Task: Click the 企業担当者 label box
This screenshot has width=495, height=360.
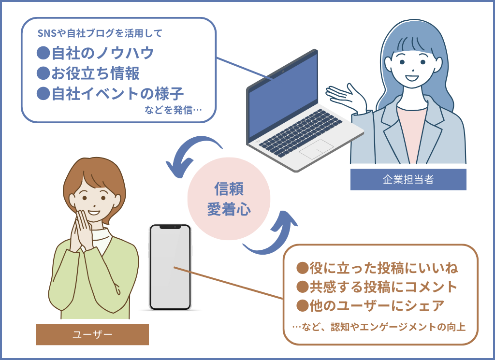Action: pos(408,179)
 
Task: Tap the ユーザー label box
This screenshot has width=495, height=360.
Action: pos(92,334)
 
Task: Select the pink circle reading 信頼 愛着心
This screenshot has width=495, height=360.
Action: pos(229,199)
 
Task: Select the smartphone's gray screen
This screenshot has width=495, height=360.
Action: pos(171,268)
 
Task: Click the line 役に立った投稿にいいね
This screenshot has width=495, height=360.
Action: pos(377,267)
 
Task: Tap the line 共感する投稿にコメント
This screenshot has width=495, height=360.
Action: pos(377,287)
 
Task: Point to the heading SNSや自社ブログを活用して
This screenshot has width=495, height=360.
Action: pos(100,33)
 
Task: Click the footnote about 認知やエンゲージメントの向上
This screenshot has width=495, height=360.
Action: pos(379,327)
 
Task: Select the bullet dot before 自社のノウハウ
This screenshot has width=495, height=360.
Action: pos(44,53)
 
